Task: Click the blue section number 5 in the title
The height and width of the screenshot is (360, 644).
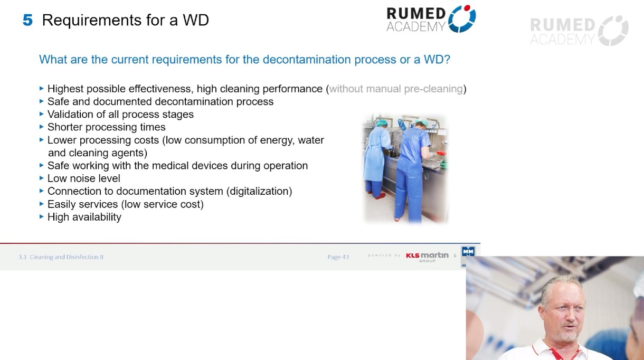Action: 27,21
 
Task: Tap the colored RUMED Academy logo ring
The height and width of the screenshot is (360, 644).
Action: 462,19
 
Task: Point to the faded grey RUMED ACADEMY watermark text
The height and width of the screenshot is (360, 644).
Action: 562,32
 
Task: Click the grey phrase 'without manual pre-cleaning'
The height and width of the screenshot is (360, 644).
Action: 396,89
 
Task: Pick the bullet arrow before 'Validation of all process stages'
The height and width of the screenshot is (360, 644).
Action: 42,114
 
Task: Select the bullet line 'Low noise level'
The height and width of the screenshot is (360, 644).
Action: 83,178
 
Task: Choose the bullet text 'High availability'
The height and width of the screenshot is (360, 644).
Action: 84,217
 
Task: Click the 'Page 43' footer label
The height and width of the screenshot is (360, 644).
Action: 338,257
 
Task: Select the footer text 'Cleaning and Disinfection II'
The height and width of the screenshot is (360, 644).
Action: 67,257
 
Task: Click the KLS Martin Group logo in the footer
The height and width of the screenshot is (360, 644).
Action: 427,256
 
